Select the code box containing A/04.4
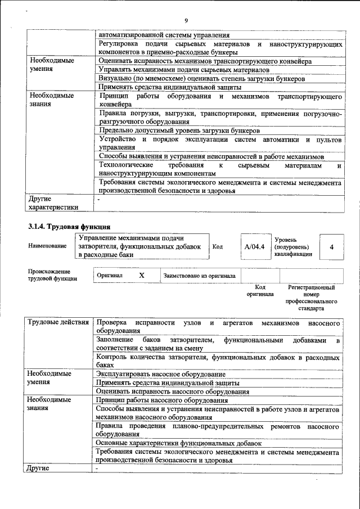pyautogui.click(x=254, y=246)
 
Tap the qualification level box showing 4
pyautogui.click(x=331, y=246)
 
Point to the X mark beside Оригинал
pyautogui.click(x=142, y=276)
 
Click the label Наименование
pyautogui.click(x=44, y=246)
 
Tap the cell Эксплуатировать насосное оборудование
pyautogui.click(x=161, y=373)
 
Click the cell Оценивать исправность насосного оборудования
pyautogui.click(x=173, y=391)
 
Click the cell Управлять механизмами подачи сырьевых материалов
pyautogui.click(x=184, y=70)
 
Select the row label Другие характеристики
pyautogui.click(x=53, y=202)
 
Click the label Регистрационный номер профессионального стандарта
pyautogui.click(x=315, y=298)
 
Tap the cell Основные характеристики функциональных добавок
pyautogui.click(x=179, y=443)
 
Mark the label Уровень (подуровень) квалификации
pyautogui.click(x=291, y=246)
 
